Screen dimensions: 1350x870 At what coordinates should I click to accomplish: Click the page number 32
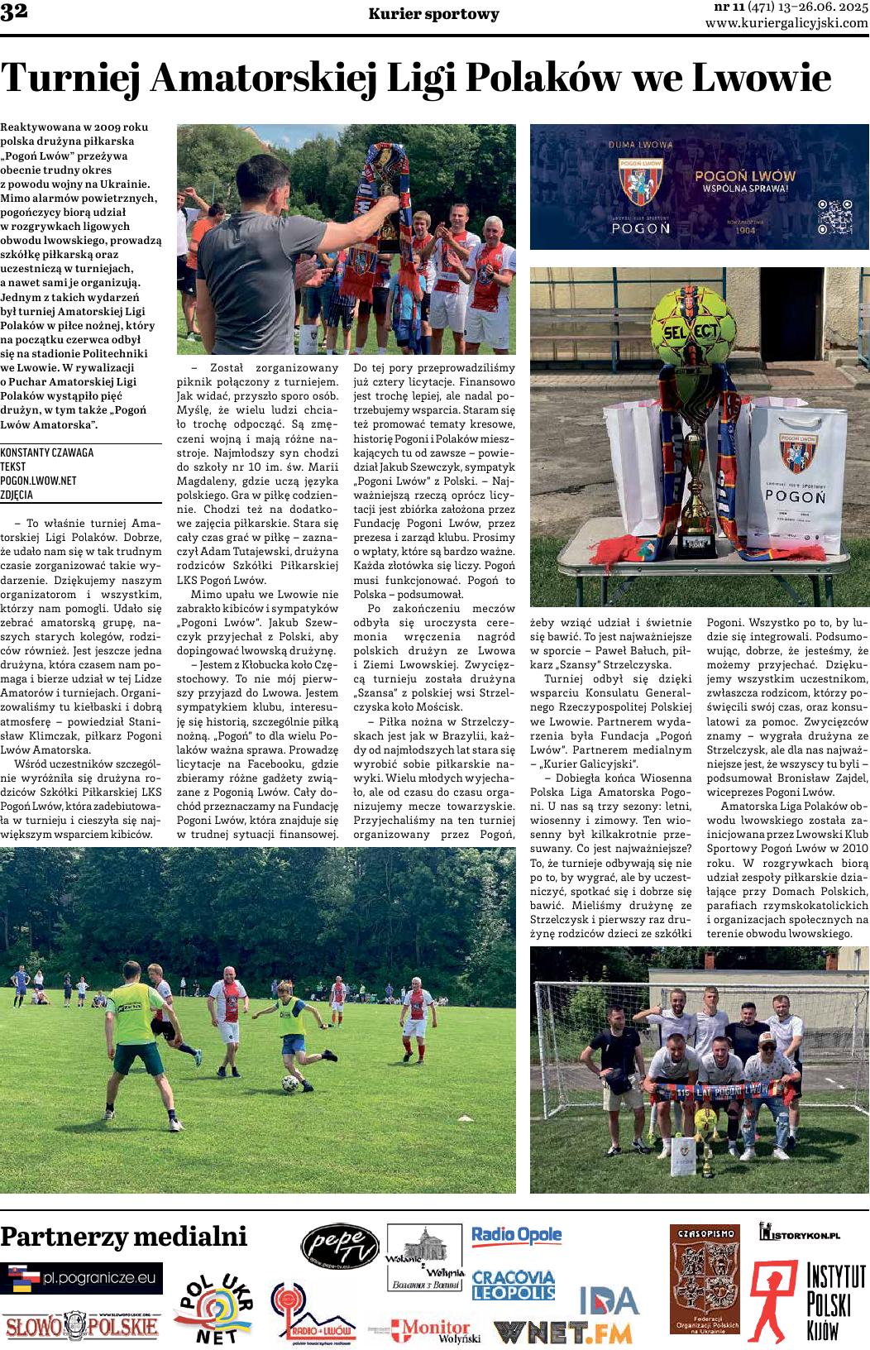click(15, 14)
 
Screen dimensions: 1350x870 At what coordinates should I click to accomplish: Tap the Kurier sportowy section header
click(434, 14)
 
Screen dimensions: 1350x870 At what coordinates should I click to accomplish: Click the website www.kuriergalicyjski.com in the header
click(786, 24)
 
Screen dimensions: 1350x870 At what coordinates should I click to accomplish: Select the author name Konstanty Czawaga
click(48, 452)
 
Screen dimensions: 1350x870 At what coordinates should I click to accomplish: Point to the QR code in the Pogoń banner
click(834, 218)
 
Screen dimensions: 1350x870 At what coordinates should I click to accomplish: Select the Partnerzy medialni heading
click(124, 1237)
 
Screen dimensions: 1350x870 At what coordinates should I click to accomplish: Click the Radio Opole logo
click(516, 1236)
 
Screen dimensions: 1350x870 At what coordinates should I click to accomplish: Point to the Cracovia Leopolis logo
click(513, 1285)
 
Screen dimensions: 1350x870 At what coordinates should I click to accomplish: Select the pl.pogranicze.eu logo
click(82, 1278)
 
